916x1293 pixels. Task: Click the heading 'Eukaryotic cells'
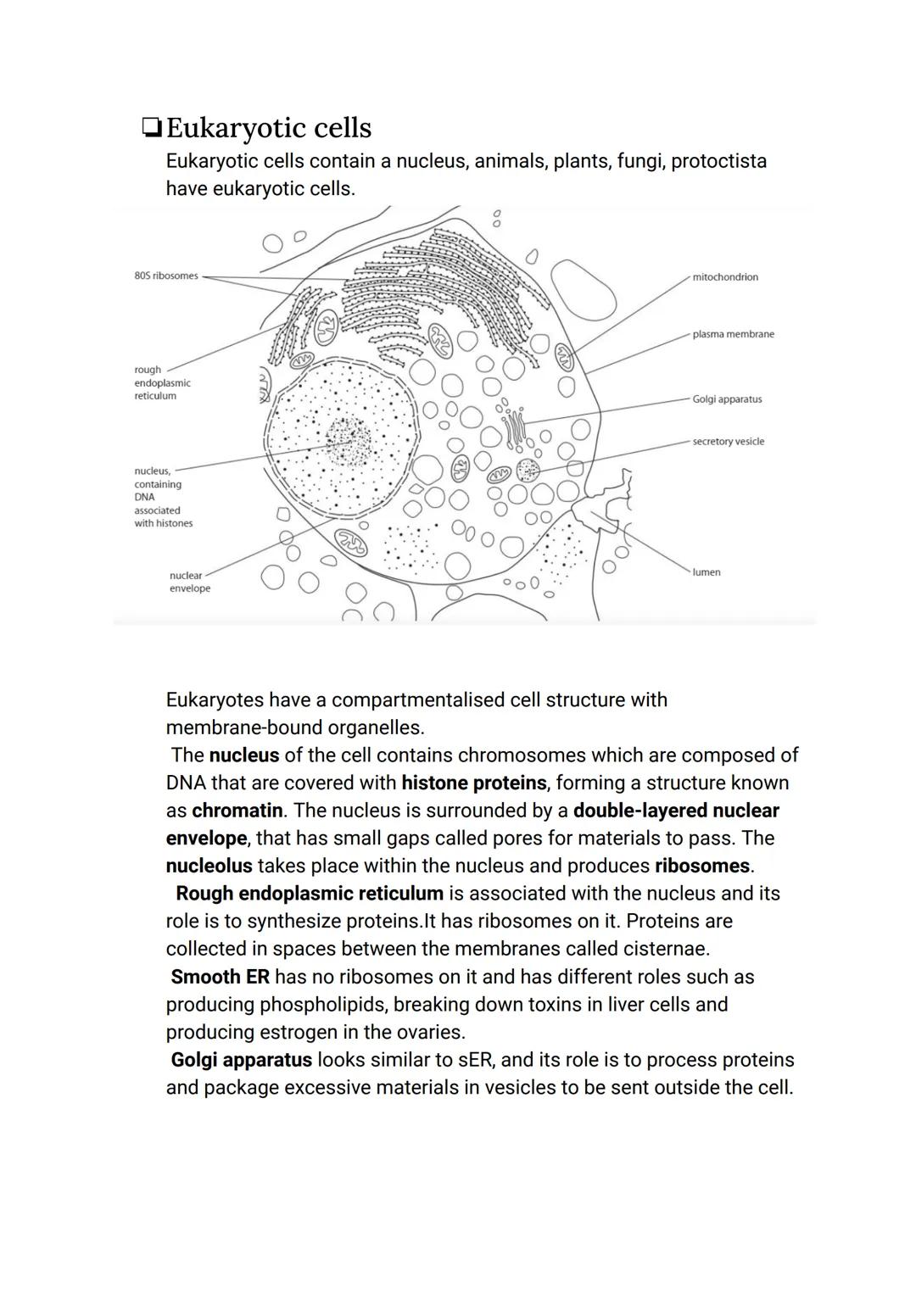click(x=269, y=128)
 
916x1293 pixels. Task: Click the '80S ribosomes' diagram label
click(x=166, y=276)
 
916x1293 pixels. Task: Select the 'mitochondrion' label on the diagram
click(x=725, y=277)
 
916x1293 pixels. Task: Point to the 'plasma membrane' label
click(x=733, y=334)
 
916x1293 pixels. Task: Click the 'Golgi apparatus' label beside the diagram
click(x=727, y=399)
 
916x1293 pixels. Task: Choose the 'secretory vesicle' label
click(x=728, y=442)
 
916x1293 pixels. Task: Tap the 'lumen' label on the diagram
click(x=707, y=572)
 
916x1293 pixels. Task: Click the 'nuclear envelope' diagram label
click(x=189, y=582)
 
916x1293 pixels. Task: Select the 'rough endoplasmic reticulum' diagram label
click(x=162, y=383)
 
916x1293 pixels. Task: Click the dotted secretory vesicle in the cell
click(x=528, y=471)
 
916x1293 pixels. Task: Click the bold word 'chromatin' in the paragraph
click(x=237, y=811)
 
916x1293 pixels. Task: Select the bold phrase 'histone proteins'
click(x=473, y=783)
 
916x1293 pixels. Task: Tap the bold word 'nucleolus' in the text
click(x=209, y=866)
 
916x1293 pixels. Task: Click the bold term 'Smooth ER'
click(x=220, y=977)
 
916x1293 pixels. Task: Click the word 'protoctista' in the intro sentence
click(x=718, y=161)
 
